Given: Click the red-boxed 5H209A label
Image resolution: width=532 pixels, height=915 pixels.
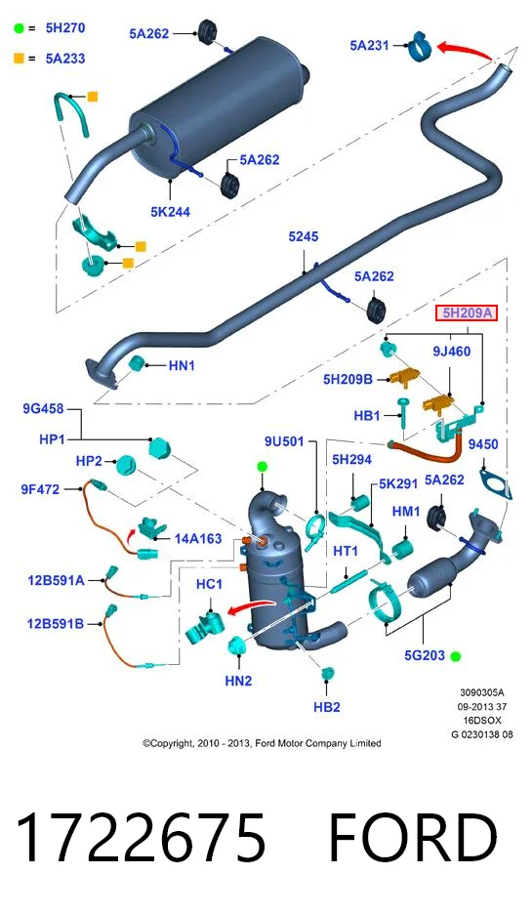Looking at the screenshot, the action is click(x=467, y=313).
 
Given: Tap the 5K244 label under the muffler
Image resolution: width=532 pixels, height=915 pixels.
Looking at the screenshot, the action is click(x=170, y=211).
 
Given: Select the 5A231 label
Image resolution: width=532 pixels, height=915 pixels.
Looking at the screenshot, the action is click(x=369, y=45).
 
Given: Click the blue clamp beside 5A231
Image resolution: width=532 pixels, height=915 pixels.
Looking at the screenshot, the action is click(x=419, y=46).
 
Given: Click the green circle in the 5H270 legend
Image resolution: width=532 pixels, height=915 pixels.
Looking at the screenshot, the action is click(x=20, y=28).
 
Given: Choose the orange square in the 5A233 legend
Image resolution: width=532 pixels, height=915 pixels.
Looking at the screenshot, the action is click(x=20, y=59).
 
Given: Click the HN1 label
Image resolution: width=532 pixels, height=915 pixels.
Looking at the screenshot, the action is click(x=182, y=366).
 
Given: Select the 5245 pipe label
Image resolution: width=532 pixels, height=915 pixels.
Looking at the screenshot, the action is click(x=304, y=236).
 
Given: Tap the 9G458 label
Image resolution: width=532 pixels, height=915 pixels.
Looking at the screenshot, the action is click(x=43, y=409).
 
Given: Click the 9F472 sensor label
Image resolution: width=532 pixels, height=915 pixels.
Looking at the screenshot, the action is click(x=40, y=489).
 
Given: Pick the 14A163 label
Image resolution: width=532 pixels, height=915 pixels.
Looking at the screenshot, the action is click(x=198, y=538).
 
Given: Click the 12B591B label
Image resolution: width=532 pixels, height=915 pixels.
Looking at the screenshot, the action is click(x=56, y=624).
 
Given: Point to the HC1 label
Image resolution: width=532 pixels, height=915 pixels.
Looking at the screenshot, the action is click(x=210, y=584).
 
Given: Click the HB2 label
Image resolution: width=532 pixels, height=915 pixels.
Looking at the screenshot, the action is click(x=327, y=707).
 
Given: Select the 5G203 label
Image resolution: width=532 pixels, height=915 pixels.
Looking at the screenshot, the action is click(x=425, y=655).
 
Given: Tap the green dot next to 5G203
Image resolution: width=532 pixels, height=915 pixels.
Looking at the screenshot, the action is click(x=456, y=656).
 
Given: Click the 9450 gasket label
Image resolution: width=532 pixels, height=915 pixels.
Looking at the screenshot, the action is click(x=483, y=444).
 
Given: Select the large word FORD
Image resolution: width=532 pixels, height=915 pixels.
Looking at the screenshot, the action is click(x=414, y=838).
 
